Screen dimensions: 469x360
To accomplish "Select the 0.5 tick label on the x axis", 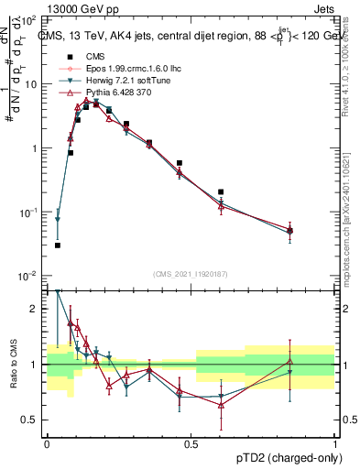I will tap(191, 443).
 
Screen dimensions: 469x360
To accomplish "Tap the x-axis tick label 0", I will tap(47, 443).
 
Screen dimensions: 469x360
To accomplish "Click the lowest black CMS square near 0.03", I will tap(57, 245).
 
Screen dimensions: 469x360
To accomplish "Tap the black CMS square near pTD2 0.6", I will tap(221, 192).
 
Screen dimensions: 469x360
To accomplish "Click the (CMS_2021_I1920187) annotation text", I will tap(191, 274).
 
